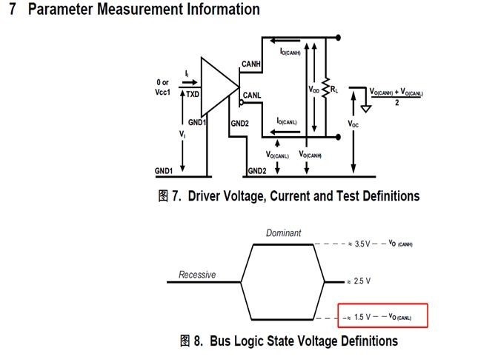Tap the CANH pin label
[251, 66]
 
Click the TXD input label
[192, 95]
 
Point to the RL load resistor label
[336, 90]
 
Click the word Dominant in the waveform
[284, 233]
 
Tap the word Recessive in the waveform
[197, 275]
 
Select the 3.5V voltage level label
[362, 244]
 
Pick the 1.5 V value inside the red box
[362, 318]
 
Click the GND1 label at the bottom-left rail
[165, 171]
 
